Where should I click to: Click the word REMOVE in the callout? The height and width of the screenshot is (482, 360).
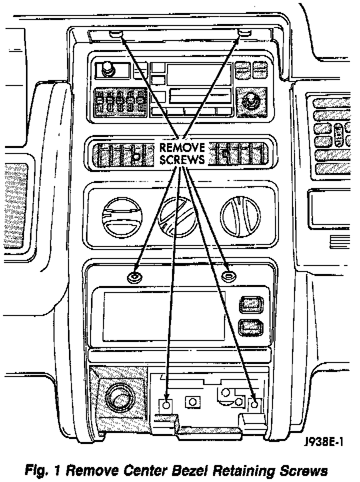(x=182, y=148)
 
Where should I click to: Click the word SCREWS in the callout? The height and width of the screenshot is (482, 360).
(x=182, y=160)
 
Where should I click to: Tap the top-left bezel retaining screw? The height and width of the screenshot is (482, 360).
(x=116, y=34)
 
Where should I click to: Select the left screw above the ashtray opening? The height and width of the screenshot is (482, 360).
(x=134, y=276)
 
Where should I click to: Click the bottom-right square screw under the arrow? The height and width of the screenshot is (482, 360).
(x=254, y=404)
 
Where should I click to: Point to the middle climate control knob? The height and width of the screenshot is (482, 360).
(x=176, y=216)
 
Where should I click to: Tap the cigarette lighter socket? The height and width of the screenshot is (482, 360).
(x=119, y=397)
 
